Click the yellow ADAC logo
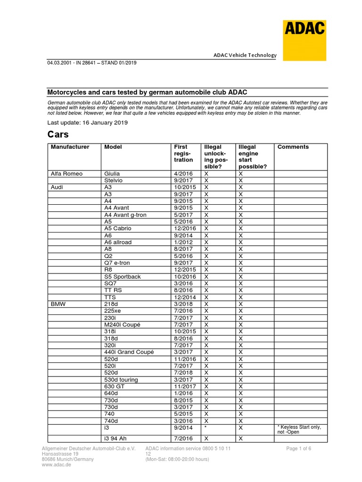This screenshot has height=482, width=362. coord(304,40)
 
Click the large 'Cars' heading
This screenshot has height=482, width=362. coord(59,134)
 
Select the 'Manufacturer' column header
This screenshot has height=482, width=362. coord(70,147)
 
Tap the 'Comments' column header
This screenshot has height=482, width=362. coord(293,147)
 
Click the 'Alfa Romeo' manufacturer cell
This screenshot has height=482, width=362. coord(66,174)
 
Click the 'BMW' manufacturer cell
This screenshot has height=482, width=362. coord(59,304)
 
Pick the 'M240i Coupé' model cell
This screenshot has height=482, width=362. coord(122,324)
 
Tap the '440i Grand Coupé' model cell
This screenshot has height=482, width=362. coord(129,352)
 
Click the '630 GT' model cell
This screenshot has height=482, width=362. coord(115,386)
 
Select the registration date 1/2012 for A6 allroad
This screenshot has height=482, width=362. coord(183,242)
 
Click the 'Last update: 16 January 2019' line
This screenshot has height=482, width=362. coord(88,122)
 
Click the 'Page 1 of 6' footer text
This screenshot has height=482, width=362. coord(298,449)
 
